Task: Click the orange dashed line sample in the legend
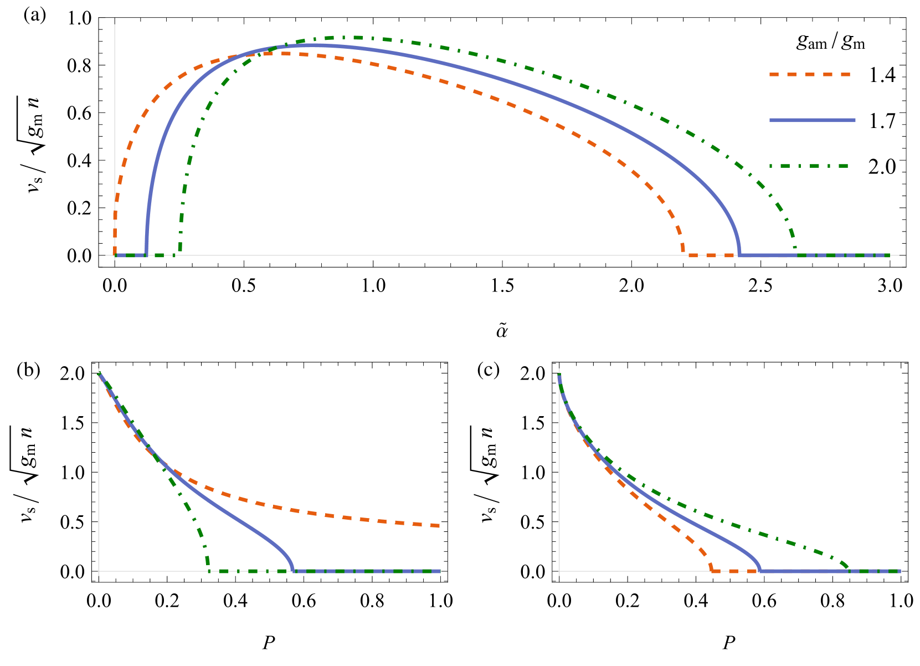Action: pos(810,74)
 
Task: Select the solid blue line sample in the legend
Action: pos(812,120)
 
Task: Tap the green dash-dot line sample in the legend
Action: pos(809,166)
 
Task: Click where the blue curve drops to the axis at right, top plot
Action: pos(739,255)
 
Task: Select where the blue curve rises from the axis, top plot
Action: pos(146,255)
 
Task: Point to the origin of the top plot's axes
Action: pos(115,255)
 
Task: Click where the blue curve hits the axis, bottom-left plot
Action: pos(293,570)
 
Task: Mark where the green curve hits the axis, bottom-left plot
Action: pos(208,570)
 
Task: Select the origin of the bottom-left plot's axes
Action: pos(99,571)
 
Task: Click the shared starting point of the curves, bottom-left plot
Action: pos(99,373)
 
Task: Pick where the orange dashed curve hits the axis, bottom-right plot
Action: pos(712,570)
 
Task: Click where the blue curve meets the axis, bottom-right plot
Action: pos(760,570)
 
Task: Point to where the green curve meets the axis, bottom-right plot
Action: pos(849,569)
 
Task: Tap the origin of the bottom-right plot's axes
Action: pos(559,571)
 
